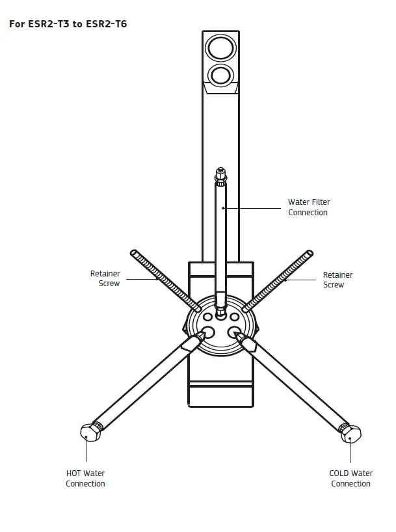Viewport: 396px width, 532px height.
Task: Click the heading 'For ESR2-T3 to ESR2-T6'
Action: click(x=67, y=25)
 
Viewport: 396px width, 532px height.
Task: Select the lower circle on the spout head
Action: click(x=221, y=74)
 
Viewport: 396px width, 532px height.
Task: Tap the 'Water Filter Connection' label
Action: click(x=309, y=207)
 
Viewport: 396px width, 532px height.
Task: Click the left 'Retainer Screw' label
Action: click(x=105, y=279)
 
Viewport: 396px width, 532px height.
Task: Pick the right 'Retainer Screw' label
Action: click(x=337, y=280)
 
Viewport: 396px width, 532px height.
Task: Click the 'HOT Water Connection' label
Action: click(x=85, y=478)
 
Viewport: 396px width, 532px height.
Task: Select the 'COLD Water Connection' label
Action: click(x=350, y=478)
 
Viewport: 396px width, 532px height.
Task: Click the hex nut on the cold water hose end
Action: click(x=351, y=434)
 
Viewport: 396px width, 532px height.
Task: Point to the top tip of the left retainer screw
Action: click(x=133, y=252)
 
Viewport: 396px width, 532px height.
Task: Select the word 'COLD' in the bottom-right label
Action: click(x=340, y=473)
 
